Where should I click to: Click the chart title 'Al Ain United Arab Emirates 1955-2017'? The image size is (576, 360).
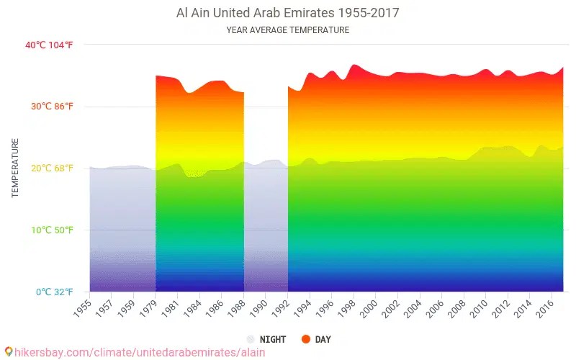coord(288,13)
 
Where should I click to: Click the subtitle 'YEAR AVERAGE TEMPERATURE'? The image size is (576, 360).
coord(288,30)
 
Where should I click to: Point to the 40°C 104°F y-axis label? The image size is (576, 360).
coord(49,45)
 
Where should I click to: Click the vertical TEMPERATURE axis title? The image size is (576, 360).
coord(14,168)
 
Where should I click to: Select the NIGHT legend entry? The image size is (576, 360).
coord(272,339)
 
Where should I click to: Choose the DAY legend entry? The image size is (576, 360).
coord(323,339)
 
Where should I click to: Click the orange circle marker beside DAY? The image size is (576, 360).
coord(306,339)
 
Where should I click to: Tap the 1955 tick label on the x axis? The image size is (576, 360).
coord(82,307)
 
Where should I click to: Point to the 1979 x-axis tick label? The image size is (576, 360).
coord(148,307)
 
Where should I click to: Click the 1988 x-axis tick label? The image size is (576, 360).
coord(236,307)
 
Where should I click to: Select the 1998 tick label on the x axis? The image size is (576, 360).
coord(346,307)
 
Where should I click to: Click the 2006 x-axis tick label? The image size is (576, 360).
coord(434,307)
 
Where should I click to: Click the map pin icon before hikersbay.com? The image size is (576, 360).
coord(8,352)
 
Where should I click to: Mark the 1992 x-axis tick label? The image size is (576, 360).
coord(281,307)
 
